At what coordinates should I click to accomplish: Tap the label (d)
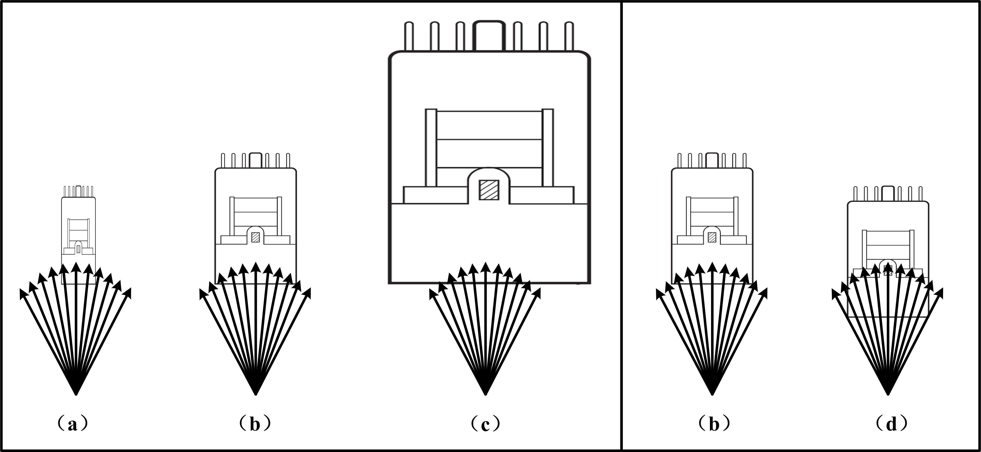[x=891, y=424]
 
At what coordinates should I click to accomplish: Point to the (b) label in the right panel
[x=714, y=424]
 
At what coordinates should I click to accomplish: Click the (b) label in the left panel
[x=255, y=424]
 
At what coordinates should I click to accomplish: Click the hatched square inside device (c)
[x=489, y=190]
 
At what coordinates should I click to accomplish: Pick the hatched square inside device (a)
[x=78, y=249]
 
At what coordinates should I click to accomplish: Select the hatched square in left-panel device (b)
[x=255, y=237]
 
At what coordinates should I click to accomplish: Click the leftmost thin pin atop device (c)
[x=409, y=36]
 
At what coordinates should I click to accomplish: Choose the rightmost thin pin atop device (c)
[x=569, y=36]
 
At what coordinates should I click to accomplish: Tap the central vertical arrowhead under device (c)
[x=485, y=267]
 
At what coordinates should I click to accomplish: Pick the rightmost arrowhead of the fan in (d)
[x=939, y=293]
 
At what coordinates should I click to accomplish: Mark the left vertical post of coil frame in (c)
[x=431, y=148]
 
